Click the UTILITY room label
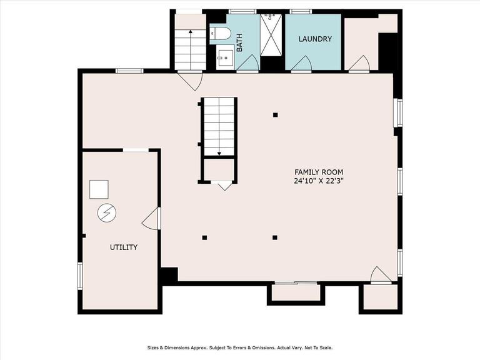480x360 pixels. point(124,247)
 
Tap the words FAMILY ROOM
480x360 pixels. point(319,172)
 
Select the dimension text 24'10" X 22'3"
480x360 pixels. point(319,182)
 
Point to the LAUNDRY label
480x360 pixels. point(314,39)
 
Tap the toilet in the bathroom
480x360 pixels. point(221,34)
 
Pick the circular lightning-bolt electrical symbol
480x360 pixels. point(106,213)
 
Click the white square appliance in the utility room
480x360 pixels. point(99,189)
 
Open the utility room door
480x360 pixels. point(152,219)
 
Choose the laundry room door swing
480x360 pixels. point(302,64)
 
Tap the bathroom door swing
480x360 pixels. point(247,64)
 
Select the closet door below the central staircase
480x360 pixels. point(224,185)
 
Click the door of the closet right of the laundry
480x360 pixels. point(359,64)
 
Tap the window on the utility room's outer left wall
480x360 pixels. point(80,276)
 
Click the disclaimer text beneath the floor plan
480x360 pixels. point(240,347)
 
